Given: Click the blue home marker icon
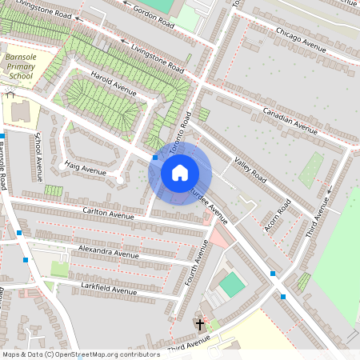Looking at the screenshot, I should (180, 173).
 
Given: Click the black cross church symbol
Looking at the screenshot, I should (200, 325).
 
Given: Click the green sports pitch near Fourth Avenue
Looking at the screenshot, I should (231, 285).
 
